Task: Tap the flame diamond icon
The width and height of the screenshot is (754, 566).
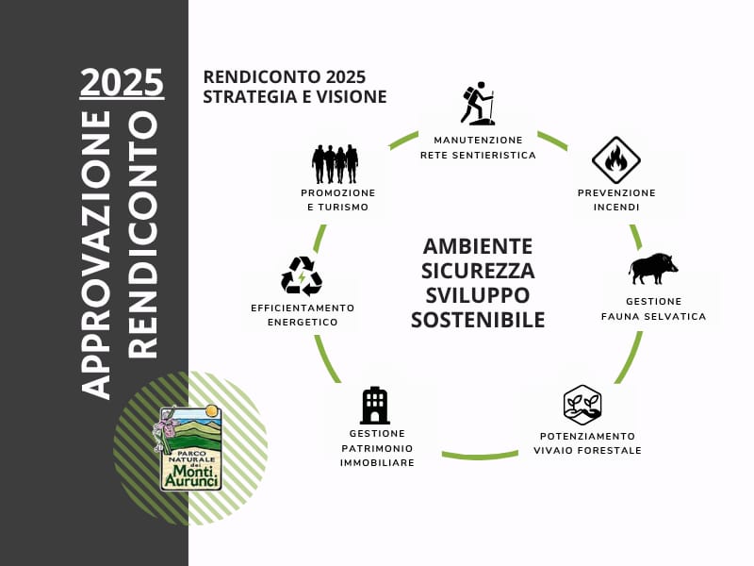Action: (x=615, y=160)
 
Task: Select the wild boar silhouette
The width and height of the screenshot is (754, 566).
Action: (x=652, y=269)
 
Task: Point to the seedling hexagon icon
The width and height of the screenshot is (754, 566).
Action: (x=582, y=405)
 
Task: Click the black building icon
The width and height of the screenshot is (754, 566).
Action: (x=374, y=405)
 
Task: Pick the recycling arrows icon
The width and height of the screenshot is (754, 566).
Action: (x=301, y=275)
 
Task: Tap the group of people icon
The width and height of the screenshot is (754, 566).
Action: (x=336, y=163)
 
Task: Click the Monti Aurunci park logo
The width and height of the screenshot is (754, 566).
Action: (x=190, y=447)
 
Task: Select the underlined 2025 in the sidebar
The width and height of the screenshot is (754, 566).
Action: (x=122, y=82)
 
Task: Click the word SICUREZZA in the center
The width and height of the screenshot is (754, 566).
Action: (x=478, y=271)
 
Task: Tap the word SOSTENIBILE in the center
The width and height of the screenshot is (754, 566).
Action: (x=478, y=320)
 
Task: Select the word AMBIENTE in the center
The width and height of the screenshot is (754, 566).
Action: (x=478, y=246)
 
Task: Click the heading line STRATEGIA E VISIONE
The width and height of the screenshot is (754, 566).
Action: (x=294, y=96)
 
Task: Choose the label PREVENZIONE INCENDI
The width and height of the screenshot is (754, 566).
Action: (x=616, y=199)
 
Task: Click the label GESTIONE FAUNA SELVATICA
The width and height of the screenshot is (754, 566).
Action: (x=653, y=308)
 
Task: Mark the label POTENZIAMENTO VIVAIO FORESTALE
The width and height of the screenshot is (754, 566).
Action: (x=587, y=442)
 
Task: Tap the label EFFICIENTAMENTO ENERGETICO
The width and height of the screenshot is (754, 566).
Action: (x=303, y=315)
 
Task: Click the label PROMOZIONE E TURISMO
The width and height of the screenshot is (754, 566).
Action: (x=337, y=199)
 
